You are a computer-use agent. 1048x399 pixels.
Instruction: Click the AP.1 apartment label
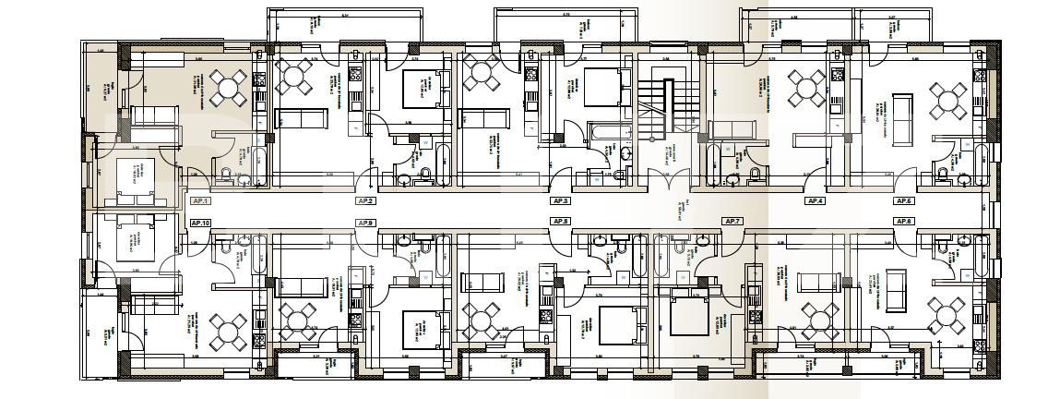click(200, 200)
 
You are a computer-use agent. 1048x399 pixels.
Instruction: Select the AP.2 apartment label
click(366, 200)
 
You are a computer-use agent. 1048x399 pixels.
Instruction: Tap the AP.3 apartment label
click(560, 200)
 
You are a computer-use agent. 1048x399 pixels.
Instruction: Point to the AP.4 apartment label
click(815, 200)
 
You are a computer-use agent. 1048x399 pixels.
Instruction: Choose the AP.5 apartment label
click(903, 200)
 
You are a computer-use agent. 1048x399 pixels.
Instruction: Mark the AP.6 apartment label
click(903, 222)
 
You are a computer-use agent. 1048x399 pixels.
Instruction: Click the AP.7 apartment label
click(732, 222)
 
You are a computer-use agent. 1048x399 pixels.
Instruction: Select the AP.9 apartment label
click(366, 223)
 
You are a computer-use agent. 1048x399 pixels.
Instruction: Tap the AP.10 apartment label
click(200, 223)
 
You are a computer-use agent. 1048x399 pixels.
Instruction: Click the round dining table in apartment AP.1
click(227, 90)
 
